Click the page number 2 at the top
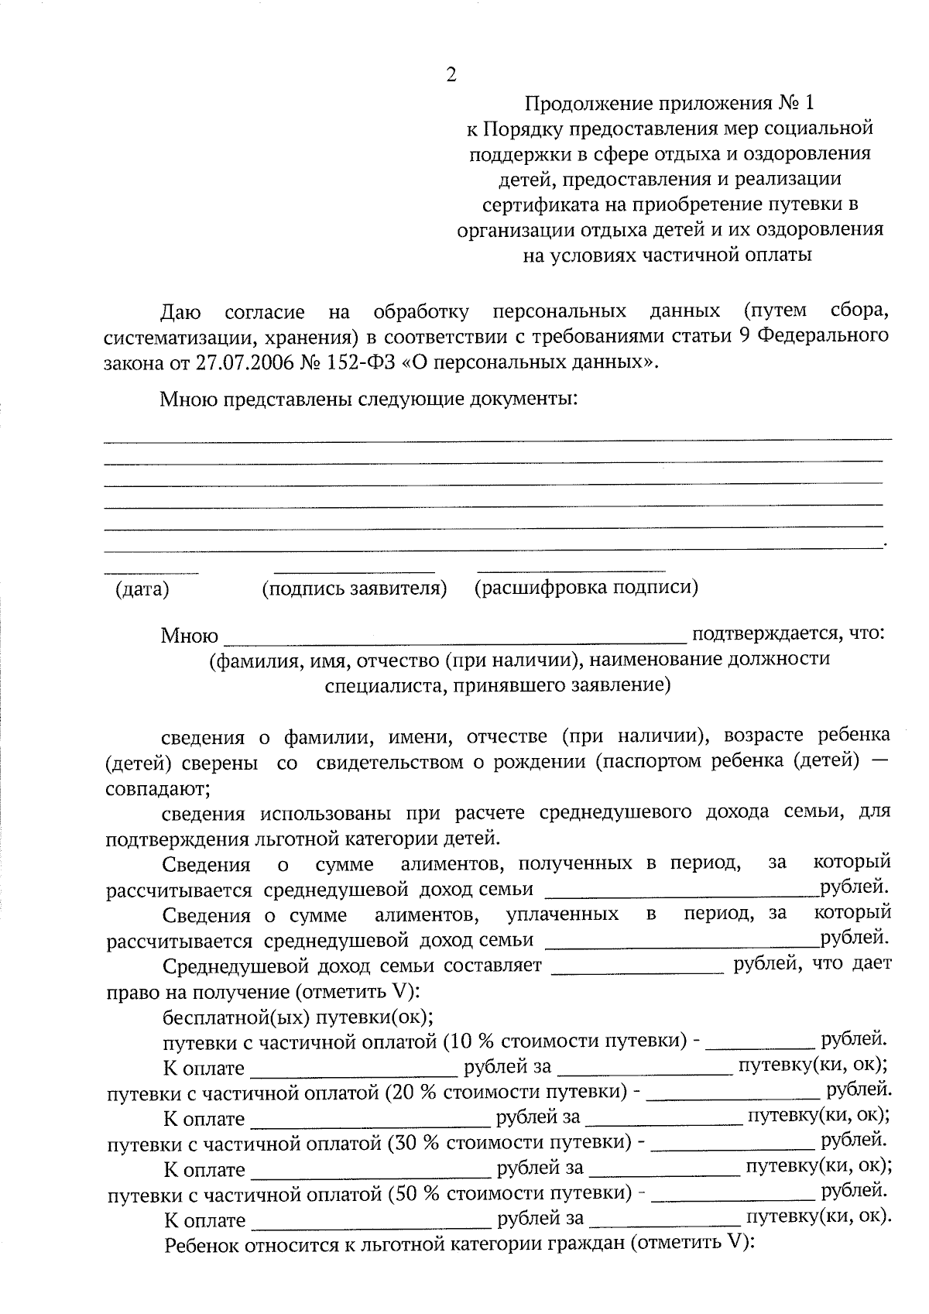tap(451, 75)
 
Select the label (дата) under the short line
tap(142, 590)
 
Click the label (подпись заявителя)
tap(355, 588)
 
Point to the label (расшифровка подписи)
tap(586, 588)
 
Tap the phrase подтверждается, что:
tap(787, 634)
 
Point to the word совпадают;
tap(157, 789)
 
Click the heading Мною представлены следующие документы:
tap(369, 400)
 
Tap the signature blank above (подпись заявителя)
tap(354, 571)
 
